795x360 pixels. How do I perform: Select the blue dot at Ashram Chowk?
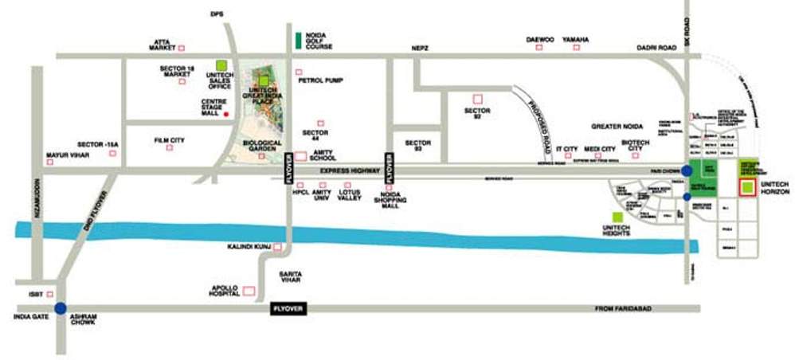pos(61,309)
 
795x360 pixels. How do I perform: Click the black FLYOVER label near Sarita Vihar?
pos(288,309)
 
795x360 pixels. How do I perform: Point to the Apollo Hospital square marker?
pos(249,292)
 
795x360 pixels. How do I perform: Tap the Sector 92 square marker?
pos(478,99)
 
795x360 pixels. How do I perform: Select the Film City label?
pos(170,140)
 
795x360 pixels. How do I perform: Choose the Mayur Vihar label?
pos(68,155)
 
